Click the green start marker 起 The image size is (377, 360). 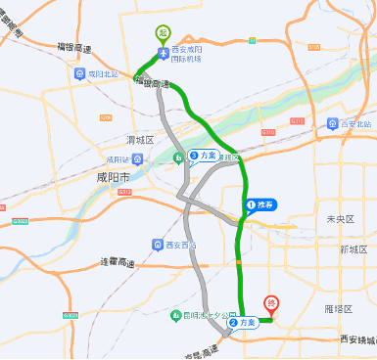[x=162, y=32]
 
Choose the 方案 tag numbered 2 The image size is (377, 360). [x=243, y=321]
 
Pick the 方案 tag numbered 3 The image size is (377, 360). [x=204, y=156]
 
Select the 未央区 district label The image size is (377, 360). [x=339, y=218]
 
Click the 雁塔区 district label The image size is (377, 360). [x=337, y=307]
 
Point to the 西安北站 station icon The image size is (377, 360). [x=334, y=124]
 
